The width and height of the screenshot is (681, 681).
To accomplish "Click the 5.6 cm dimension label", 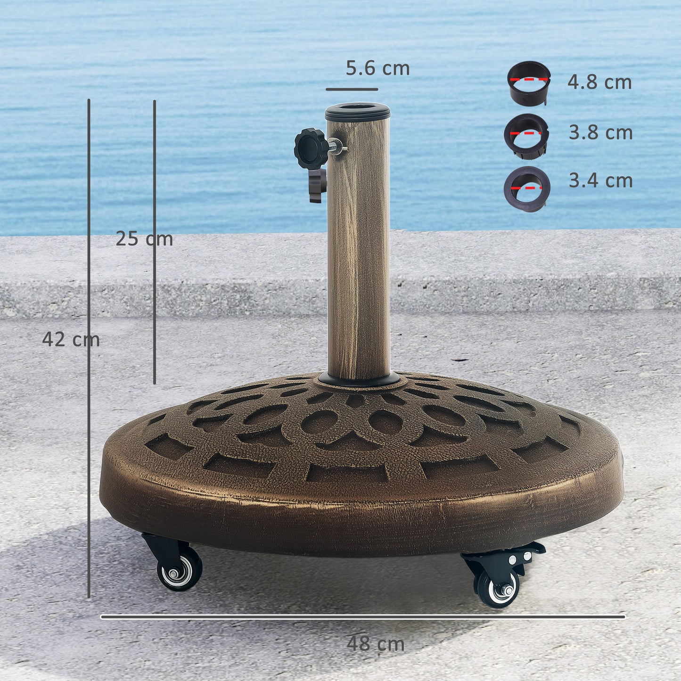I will pyautogui.click(x=377, y=69).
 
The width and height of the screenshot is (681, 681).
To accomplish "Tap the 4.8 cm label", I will pyautogui.click(x=599, y=82).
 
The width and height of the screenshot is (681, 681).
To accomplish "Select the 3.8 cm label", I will pyautogui.click(x=600, y=133).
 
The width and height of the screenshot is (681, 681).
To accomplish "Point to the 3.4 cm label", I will pyautogui.click(x=600, y=181).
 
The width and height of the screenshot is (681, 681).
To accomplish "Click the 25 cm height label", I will pyautogui.click(x=144, y=239).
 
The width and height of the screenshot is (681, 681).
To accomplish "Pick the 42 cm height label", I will pyautogui.click(x=71, y=340).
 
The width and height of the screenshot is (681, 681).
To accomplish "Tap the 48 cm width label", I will pyautogui.click(x=376, y=644).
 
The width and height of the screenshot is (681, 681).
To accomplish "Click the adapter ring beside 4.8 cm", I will pyautogui.click(x=528, y=83).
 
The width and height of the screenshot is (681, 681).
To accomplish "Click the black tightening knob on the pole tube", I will pyautogui.click(x=311, y=148).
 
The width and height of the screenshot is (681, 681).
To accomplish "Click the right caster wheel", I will pyautogui.click(x=498, y=590).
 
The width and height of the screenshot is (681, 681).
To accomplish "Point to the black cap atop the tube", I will pyautogui.click(x=358, y=112).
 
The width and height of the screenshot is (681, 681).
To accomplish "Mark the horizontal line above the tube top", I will pyautogui.click(x=352, y=89).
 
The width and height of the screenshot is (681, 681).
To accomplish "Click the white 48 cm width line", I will pyautogui.click(x=363, y=616).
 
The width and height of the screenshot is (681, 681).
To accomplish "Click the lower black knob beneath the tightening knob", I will pyautogui.click(x=317, y=186).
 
